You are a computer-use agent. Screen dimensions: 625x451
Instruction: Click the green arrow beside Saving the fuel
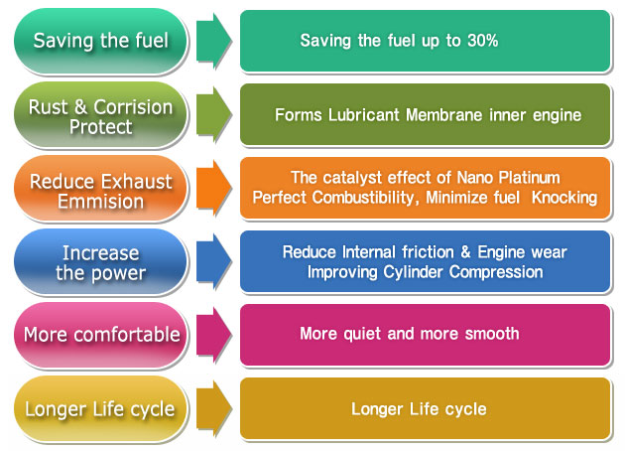click(x=213, y=41)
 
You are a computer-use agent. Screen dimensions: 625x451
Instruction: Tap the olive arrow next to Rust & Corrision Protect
click(x=213, y=114)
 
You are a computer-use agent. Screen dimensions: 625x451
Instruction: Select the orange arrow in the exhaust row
click(x=213, y=188)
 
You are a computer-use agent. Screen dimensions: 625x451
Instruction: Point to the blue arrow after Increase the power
click(x=213, y=261)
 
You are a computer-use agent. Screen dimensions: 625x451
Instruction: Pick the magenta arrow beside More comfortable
click(x=213, y=335)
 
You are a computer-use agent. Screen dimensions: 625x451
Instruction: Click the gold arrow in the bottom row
click(x=213, y=408)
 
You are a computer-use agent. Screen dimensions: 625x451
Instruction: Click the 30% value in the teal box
click(x=483, y=41)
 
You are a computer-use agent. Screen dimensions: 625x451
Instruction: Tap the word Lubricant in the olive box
click(x=363, y=115)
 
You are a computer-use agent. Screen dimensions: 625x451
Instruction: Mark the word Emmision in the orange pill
click(x=101, y=201)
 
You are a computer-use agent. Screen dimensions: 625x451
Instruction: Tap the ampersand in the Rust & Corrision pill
click(x=80, y=107)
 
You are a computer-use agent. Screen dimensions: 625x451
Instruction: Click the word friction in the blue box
click(x=428, y=252)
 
